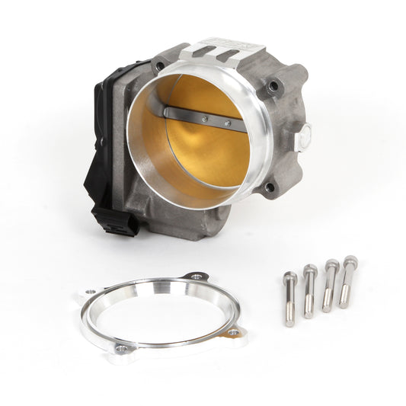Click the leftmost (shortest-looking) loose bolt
(289, 299)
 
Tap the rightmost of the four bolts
(347, 282)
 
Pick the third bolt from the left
(329, 286)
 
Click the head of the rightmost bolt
(350, 261)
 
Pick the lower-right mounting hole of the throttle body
(269, 187)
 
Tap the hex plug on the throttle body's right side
(305, 137)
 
